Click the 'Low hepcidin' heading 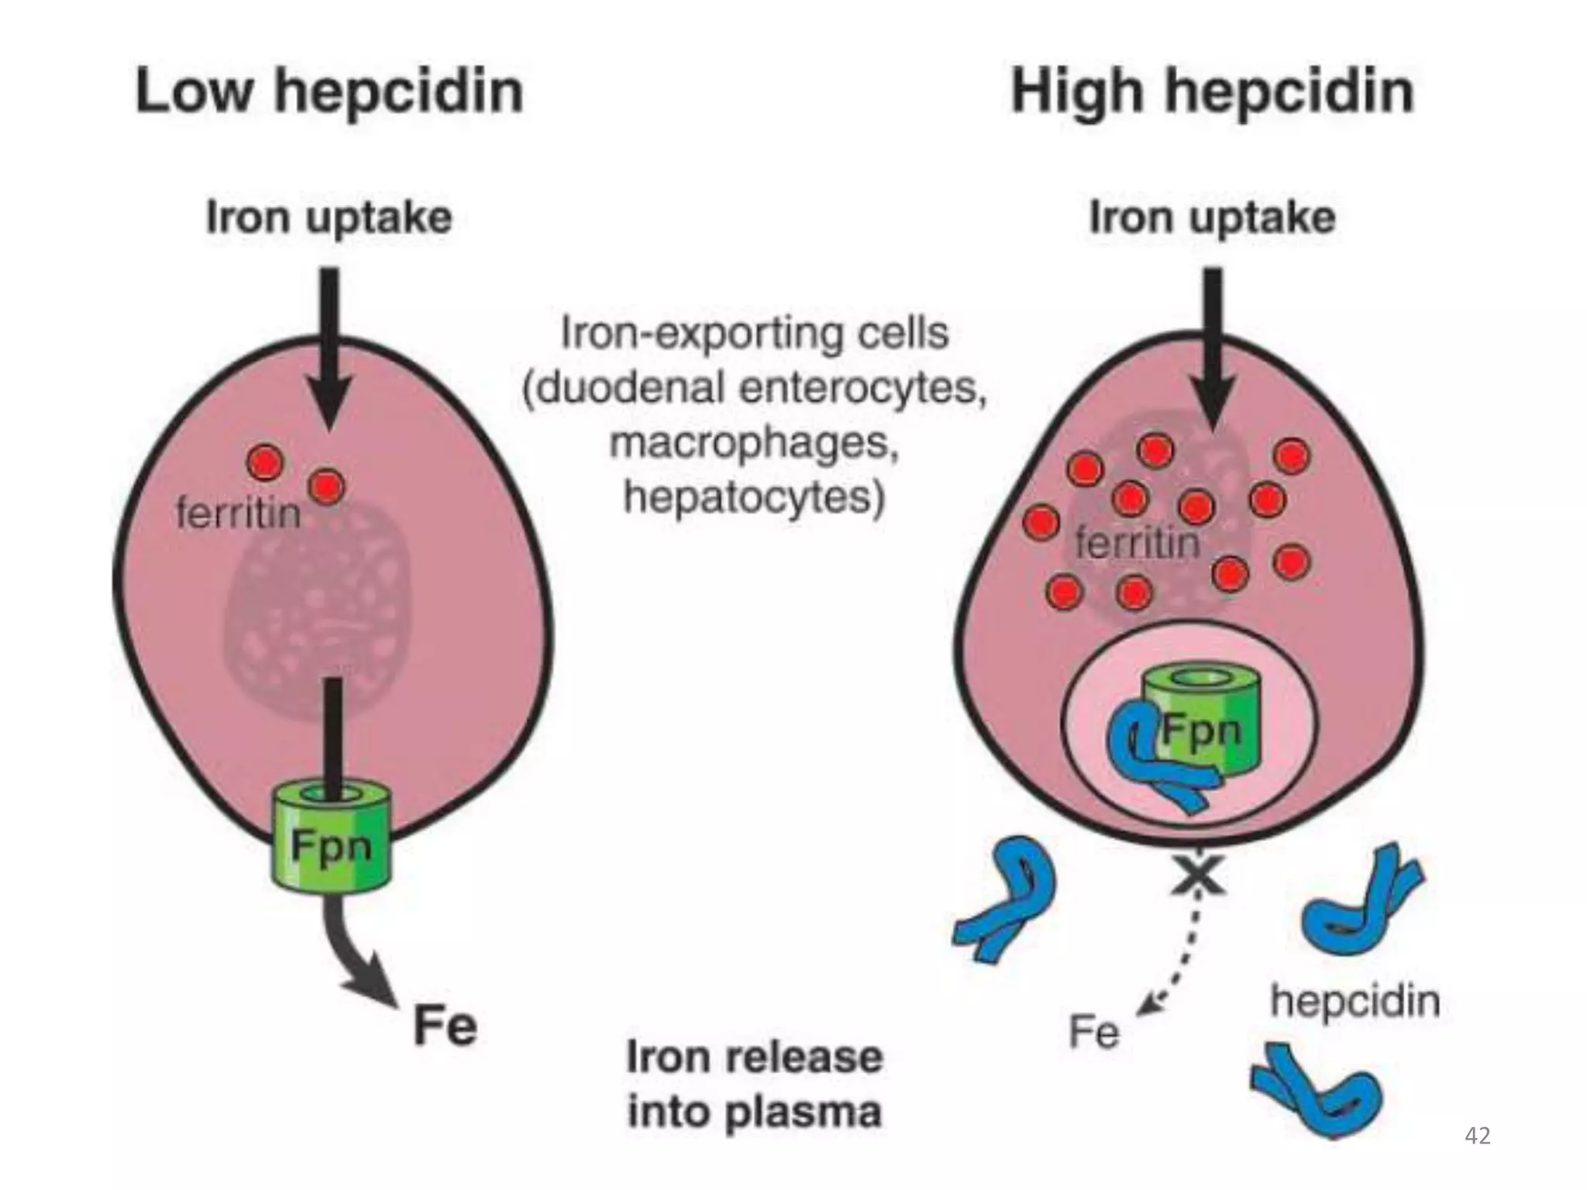tap(329, 91)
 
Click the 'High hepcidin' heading tap(1213, 91)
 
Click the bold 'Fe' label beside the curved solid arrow tap(445, 1026)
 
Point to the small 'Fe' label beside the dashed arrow tap(1093, 1032)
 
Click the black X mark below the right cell tap(1198, 875)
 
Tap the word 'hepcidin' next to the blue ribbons tap(1355, 1001)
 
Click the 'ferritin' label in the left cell tap(238, 513)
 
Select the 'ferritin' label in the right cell tap(1137, 542)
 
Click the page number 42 tap(1478, 1136)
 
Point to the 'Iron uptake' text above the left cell tap(329, 218)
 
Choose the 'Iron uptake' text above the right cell tap(1213, 218)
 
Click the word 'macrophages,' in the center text tap(753, 443)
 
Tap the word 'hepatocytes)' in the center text tap(753, 497)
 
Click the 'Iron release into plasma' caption tap(753, 1085)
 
